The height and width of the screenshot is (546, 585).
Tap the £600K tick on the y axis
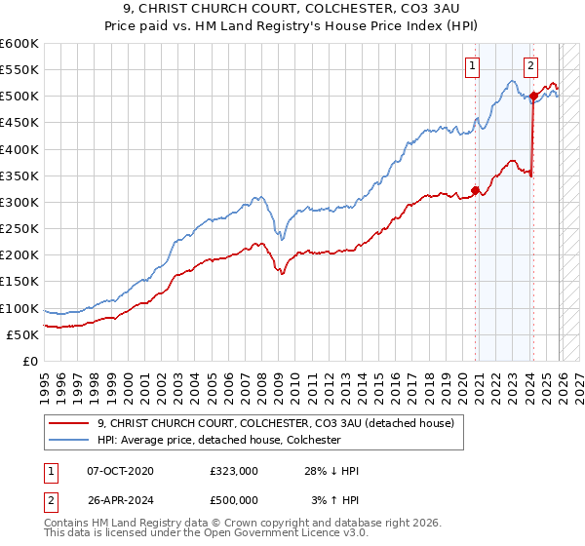(x=19, y=44)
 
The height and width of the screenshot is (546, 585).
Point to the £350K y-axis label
(x=19, y=176)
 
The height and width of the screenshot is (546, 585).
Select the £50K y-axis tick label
(x=22, y=334)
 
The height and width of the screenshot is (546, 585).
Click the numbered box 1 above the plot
(x=473, y=66)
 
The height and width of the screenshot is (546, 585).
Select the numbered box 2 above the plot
(x=530, y=66)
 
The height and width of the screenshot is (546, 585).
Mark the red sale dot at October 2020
(x=475, y=190)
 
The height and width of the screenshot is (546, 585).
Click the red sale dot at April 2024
(x=533, y=97)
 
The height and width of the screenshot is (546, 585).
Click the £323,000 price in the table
(x=233, y=471)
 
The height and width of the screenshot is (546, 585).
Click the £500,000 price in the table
(x=233, y=499)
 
